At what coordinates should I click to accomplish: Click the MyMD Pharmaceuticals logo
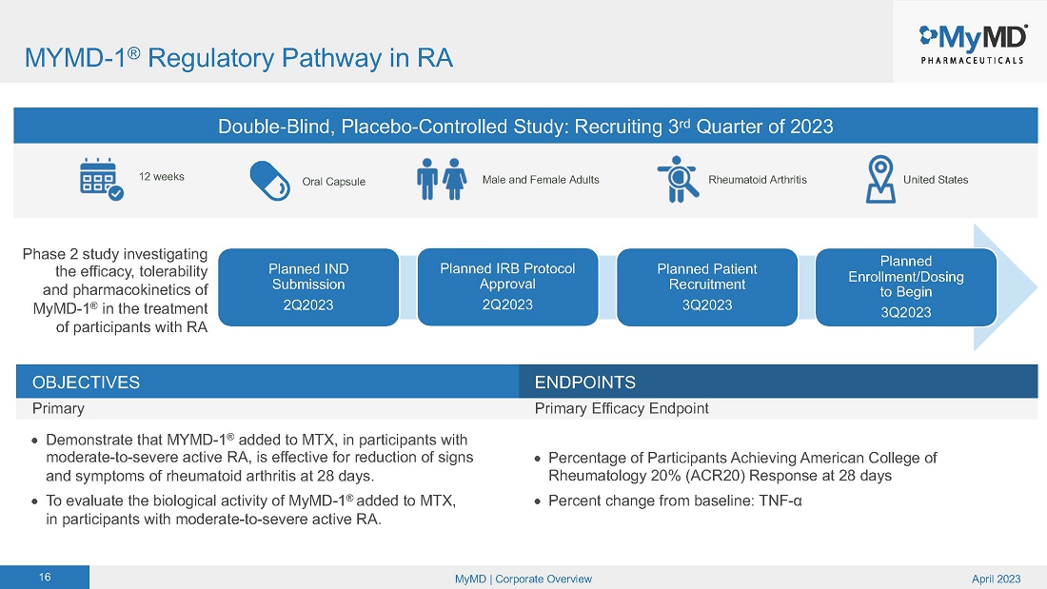(971, 42)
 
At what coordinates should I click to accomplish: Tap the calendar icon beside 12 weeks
(101, 179)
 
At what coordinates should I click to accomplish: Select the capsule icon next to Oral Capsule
(270, 180)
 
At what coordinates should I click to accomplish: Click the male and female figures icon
(443, 179)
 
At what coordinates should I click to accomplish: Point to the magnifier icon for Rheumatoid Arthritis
(679, 180)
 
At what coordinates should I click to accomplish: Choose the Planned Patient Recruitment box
(706, 285)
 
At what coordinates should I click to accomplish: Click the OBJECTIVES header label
(86, 383)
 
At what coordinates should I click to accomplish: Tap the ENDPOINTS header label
(584, 383)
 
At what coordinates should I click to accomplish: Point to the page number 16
(45, 579)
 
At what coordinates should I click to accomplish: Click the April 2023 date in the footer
(997, 579)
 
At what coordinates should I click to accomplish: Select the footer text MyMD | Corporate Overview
(523, 579)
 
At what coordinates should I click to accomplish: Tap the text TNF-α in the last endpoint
(783, 501)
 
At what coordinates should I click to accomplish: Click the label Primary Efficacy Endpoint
(622, 408)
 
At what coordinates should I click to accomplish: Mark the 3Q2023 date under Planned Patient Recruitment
(706, 304)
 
